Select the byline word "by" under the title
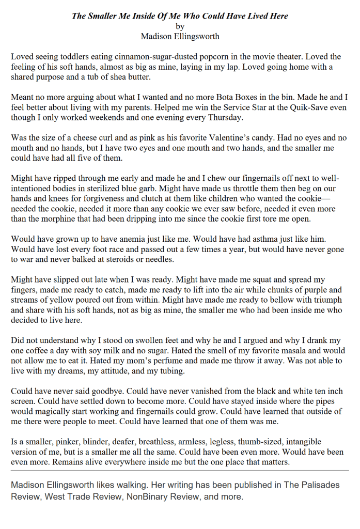(180, 26)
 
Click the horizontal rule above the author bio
(180, 471)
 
